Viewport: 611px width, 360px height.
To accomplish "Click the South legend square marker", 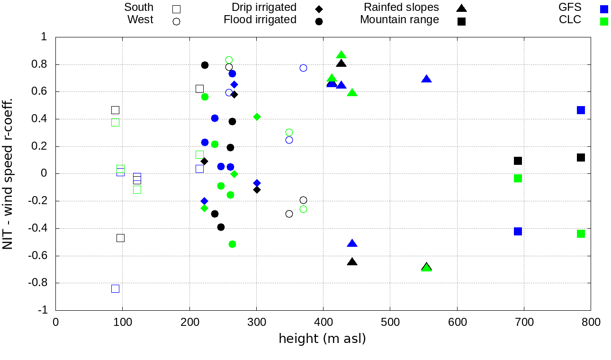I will pyautogui.click(x=177, y=9).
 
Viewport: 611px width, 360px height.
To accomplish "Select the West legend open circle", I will pyautogui.click(x=177, y=21).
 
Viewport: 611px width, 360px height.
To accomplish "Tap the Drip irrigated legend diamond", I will pyautogui.click(x=319, y=9).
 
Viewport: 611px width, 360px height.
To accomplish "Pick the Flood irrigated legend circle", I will pyautogui.click(x=319, y=21).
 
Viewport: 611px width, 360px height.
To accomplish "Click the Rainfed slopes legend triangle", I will pyautogui.click(x=461, y=8).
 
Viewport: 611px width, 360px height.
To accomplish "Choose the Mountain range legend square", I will pyautogui.click(x=461, y=21).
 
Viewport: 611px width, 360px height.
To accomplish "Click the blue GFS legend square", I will pyautogui.click(x=604, y=9).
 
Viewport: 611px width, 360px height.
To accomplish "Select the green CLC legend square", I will pyautogui.click(x=604, y=21).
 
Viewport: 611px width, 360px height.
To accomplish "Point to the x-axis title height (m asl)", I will pyautogui.click(x=322, y=339).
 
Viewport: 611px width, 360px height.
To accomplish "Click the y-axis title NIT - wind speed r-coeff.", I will pyautogui.click(x=8, y=174).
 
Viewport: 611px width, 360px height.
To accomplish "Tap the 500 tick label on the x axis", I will pyautogui.click(x=390, y=323).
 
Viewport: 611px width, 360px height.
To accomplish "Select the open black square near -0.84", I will pyautogui.click(x=115, y=288).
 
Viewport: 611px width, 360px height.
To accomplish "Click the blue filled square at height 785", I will pyautogui.click(x=581, y=110).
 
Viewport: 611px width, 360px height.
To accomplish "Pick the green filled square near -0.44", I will pyautogui.click(x=581, y=234).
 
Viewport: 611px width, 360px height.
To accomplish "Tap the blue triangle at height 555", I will pyautogui.click(x=426, y=79).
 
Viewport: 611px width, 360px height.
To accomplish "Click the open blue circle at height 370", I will pyautogui.click(x=303, y=68).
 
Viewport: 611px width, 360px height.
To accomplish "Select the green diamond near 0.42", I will pyautogui.click(x=257, y=117).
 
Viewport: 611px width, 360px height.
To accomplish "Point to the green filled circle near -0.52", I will pyautogui.click(x=232, y=244).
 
